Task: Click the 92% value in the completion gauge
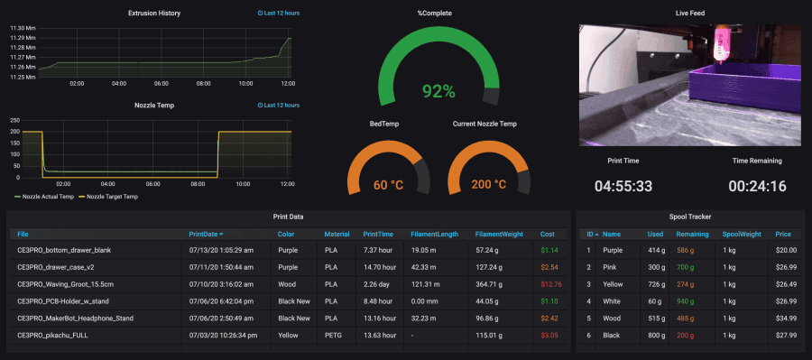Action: pos(438,91)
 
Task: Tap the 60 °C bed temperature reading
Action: pos(393,185)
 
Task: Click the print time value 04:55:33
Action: pos(623,187)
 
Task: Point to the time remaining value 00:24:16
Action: pos(757,187)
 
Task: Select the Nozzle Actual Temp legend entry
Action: pos(45,196)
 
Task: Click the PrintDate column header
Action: pos(206,234)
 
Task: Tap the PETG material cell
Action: pos(332,335)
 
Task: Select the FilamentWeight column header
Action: pos(499,234)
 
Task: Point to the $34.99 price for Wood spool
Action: pos(786,318)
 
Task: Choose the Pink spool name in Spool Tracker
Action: pos(611,266)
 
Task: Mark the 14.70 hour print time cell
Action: pos(379,266)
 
